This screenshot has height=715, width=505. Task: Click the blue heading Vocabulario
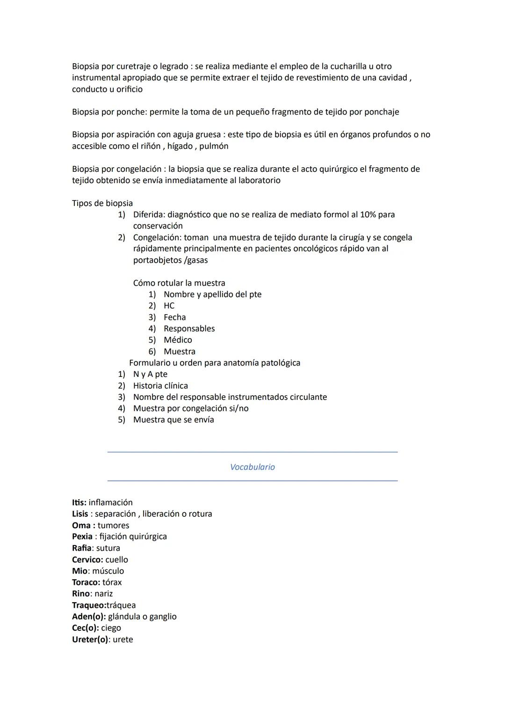click(252, 467)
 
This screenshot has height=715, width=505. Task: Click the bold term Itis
click(79, 502)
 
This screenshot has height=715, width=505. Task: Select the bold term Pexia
click(82, 537)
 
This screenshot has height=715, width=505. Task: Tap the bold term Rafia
click(81, 548)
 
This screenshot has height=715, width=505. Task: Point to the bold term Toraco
click(86, 582)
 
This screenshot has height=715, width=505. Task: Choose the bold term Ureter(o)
click(90, 640)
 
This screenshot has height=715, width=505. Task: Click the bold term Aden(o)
click(88, 617)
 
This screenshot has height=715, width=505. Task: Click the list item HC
click(169, 306)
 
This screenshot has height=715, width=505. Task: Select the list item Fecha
click(174, 317)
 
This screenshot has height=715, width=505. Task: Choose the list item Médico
click(178, 340)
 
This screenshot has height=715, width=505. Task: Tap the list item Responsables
click(189, 329)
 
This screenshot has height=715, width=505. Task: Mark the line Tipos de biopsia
click(102, 203)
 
